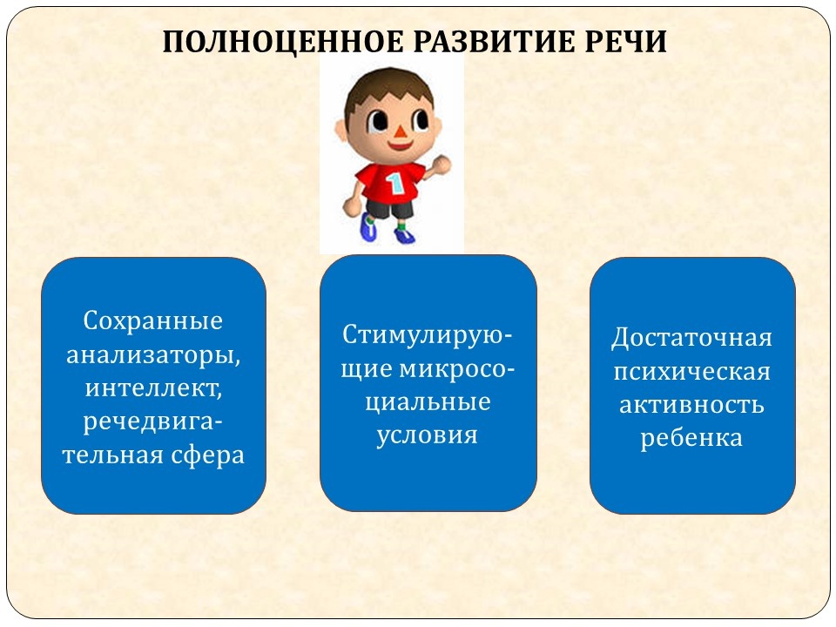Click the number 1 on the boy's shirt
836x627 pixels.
pos(396,184)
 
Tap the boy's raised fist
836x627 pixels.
pos(442,164)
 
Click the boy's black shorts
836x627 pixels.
pos(390,208)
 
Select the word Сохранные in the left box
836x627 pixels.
pos(153,321)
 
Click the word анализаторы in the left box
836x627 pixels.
pos(153,355)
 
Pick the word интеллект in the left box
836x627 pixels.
pos(153,388)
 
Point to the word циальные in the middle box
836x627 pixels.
pos(428,402)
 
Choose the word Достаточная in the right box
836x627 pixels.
pos(691,338)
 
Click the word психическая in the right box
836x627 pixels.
pos(692,372)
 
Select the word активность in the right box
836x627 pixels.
pos(691,405)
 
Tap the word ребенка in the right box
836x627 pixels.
pos(691,438)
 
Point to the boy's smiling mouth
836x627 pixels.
pos(400,145)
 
